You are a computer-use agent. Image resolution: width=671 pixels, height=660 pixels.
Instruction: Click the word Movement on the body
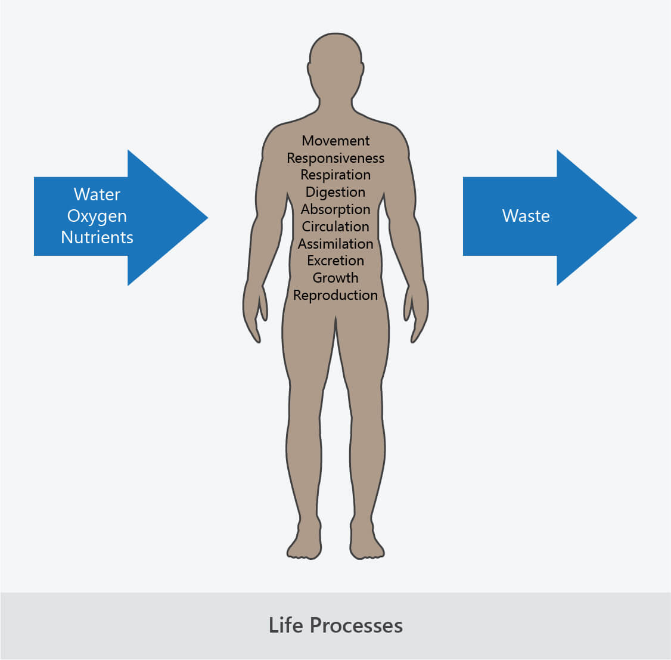tap(335, 141)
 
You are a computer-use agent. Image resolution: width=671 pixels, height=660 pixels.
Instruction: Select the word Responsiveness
tap(335, 158)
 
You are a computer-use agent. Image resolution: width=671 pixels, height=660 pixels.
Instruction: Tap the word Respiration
tap(335, 175)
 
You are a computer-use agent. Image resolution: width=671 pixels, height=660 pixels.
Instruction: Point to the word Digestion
tap(335, 192)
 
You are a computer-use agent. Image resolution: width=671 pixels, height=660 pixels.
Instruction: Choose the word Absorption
tap(335, 209)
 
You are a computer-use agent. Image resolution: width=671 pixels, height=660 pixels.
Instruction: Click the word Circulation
tap(335, 227)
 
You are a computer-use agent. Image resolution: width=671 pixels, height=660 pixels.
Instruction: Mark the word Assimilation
tap(335, 244)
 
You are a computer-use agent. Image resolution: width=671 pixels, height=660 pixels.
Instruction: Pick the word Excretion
tap(335, 261)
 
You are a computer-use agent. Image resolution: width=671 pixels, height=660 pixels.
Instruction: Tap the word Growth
tap(335, 278)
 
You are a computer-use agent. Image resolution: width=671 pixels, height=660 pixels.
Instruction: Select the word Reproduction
tap(335, 295)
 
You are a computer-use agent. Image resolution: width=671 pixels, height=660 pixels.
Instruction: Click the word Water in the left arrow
tap(97, 194)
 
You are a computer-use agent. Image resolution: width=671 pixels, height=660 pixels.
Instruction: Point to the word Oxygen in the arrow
tap(97, 216)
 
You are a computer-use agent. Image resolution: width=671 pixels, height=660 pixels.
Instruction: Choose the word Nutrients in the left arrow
tap(97, 237)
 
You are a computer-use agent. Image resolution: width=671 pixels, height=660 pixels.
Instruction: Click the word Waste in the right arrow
tap(526, 216)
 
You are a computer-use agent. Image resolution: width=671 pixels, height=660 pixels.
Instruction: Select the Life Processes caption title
tap(335, 625)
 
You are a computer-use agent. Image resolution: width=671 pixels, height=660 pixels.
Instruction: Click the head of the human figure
tap(335, 66)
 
